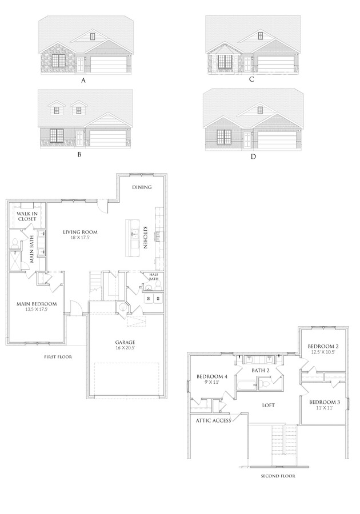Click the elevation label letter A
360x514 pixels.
click(83, 81)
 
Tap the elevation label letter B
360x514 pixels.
click(79, 154)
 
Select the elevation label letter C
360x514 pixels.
click(251, 79)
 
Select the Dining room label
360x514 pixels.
click(141, 187)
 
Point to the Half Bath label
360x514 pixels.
click(153, 276)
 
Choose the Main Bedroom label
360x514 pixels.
click(36, 306)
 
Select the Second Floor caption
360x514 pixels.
click(278, 475)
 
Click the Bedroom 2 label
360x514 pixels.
click(323, 348)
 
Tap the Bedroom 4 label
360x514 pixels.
click(212, 379)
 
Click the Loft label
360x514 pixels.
click(268, 405)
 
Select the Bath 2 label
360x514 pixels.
click(261, 371)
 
